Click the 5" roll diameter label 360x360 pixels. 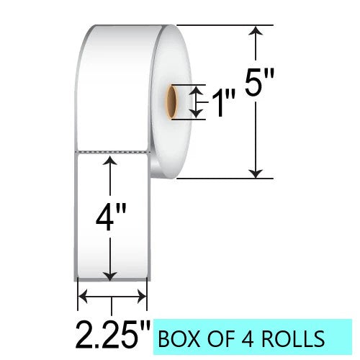(259, 82)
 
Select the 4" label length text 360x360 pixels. (111, 217)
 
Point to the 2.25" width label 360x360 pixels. (113, 336)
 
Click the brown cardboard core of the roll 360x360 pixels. (172, 102)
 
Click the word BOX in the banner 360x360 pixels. (179, 338)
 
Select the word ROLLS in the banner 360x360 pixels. (293, 338)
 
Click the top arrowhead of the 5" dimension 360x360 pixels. (256, 30)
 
